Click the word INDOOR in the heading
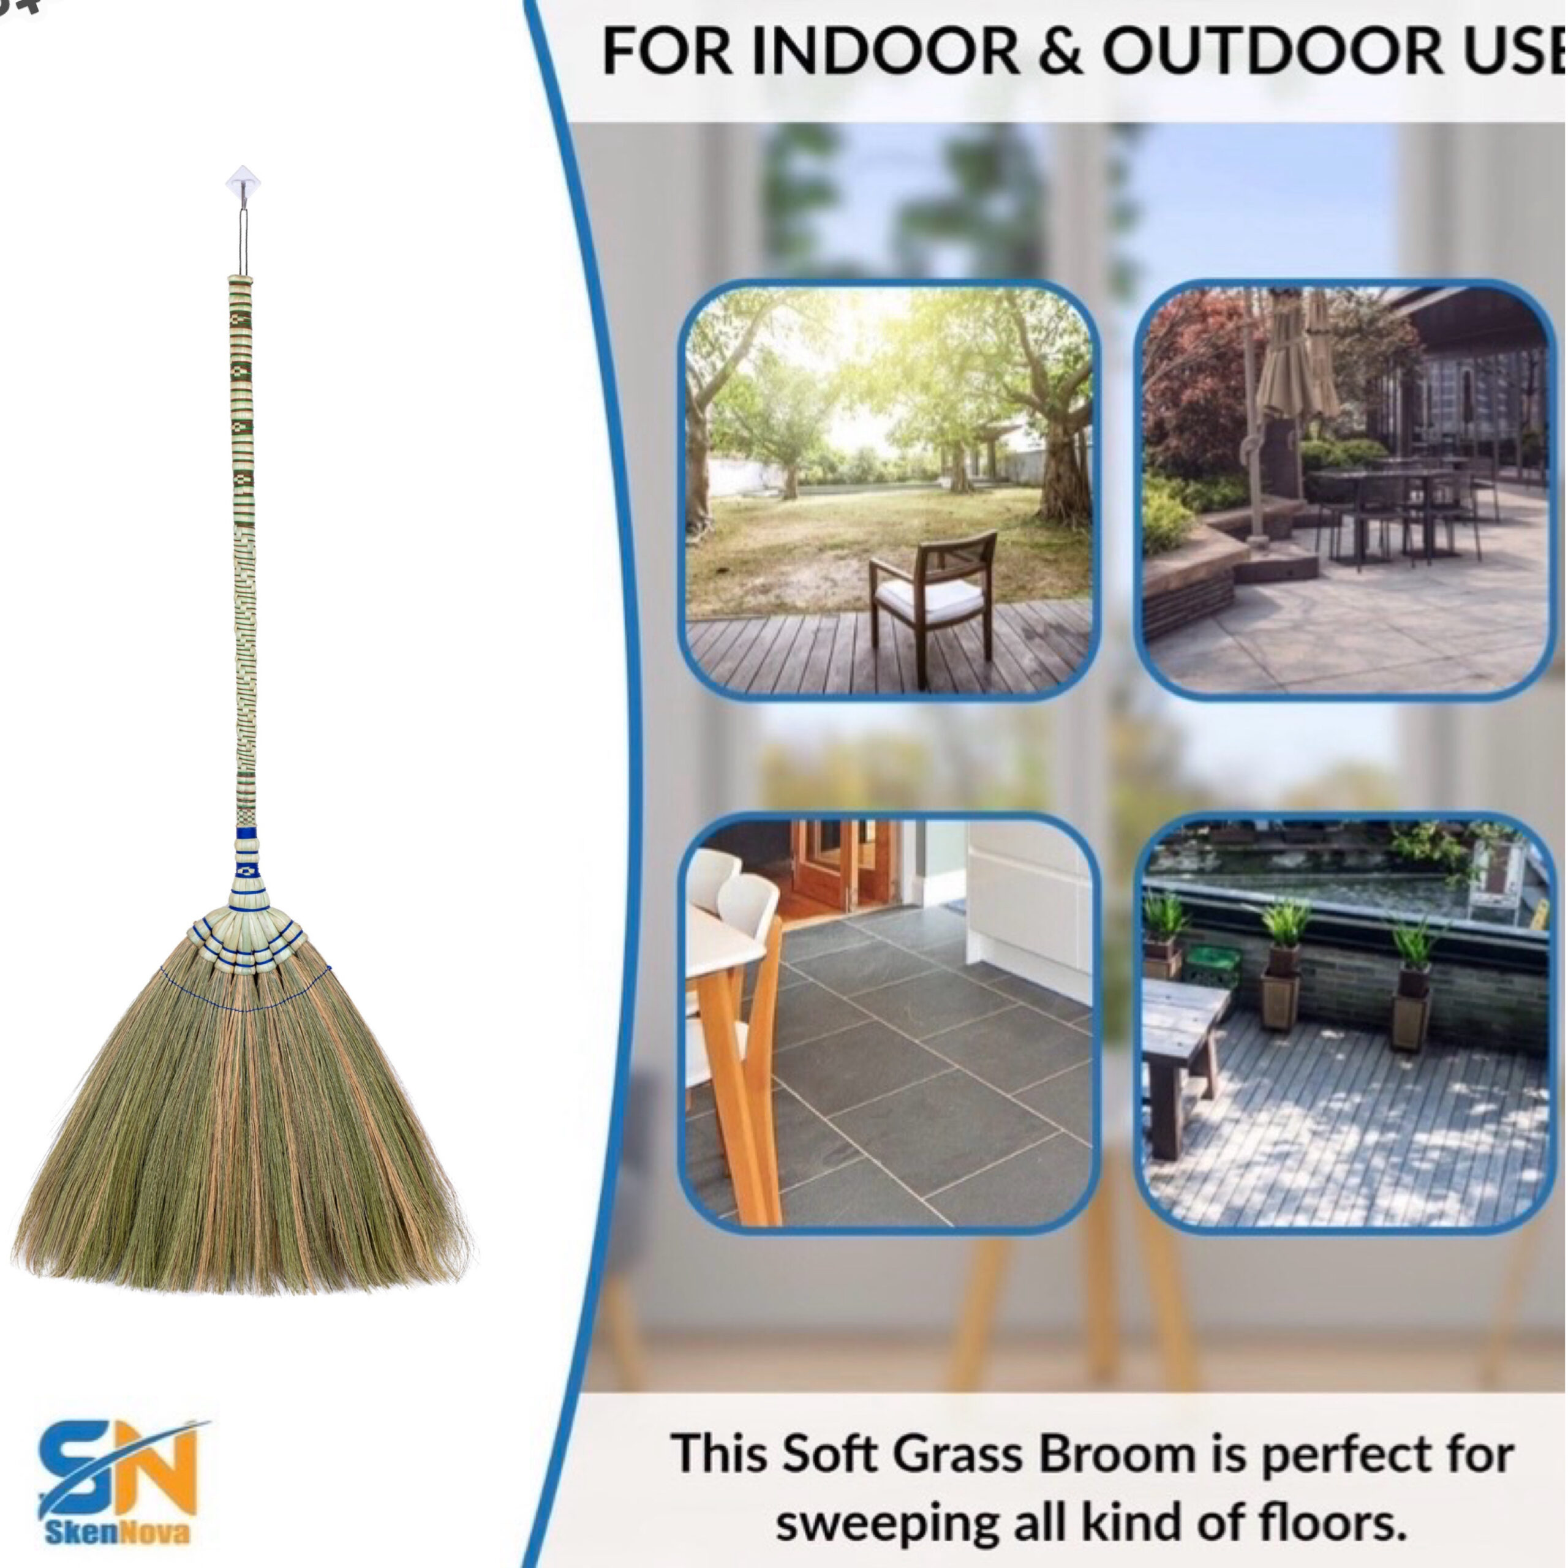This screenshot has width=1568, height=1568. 884,51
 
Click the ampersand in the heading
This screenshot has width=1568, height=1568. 1060,51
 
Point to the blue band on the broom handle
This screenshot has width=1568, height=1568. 246,833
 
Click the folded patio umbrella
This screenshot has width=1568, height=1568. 1296,365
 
